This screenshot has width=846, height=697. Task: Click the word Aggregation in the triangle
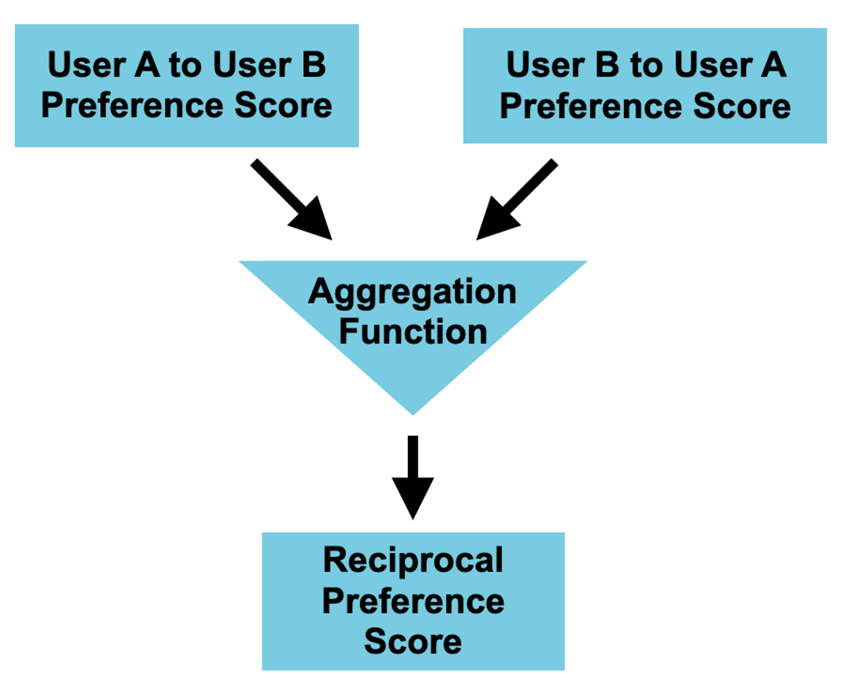412,292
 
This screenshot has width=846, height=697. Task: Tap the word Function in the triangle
413,332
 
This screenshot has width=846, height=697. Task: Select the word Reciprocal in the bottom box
413,560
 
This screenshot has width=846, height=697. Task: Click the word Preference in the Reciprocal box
413,601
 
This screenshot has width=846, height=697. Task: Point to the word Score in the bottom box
413,641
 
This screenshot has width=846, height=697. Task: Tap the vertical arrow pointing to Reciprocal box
413,476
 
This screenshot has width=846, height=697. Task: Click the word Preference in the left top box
132,106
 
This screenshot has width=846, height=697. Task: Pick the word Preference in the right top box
590,106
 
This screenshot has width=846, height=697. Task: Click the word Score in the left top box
283,106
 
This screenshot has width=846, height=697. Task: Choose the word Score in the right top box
741,106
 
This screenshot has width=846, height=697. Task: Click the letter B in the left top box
314,65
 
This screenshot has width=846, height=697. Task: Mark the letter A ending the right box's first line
774,65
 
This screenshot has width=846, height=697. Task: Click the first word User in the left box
86,65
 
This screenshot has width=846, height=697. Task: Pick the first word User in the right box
545,65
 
